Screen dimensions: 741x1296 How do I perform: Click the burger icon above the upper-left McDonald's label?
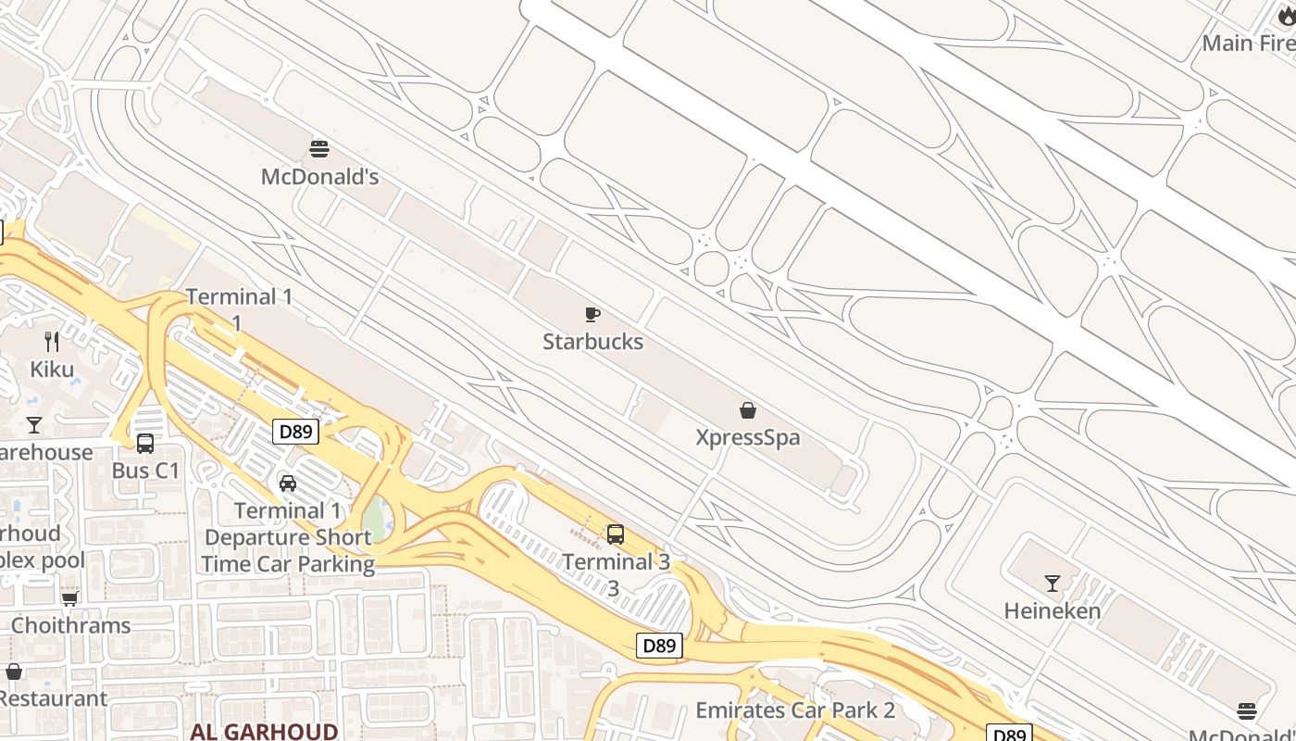point(319,148)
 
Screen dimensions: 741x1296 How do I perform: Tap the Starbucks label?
point(592,342)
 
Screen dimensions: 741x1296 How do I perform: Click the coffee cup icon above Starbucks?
point(592,315)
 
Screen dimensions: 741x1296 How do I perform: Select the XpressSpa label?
point(748,437)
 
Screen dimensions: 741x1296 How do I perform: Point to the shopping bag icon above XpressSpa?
point(748,410)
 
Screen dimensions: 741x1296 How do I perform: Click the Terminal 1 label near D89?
point(239,297)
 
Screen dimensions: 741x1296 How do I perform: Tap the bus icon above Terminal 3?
point(616,534)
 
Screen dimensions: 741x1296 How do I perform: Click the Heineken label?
point(1053,611)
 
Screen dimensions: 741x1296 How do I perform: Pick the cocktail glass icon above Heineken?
point(1053,584)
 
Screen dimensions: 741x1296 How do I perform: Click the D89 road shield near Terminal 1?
point(296,432)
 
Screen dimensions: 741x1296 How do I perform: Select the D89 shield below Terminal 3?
point(659,646)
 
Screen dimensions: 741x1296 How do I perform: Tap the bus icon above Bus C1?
point(145,444)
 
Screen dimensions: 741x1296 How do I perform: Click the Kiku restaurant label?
point(52,370)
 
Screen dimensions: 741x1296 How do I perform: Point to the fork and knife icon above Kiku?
point(52,342)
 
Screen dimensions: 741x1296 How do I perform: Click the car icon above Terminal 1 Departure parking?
point(288,484)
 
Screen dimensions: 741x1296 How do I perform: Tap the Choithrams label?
point(70,625)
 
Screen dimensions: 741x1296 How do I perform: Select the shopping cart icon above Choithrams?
point(70,598)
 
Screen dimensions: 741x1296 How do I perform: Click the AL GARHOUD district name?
point(264,732)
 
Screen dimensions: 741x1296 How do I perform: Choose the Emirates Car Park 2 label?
point(795,710)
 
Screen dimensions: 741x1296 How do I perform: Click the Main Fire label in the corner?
point(1248,44)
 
